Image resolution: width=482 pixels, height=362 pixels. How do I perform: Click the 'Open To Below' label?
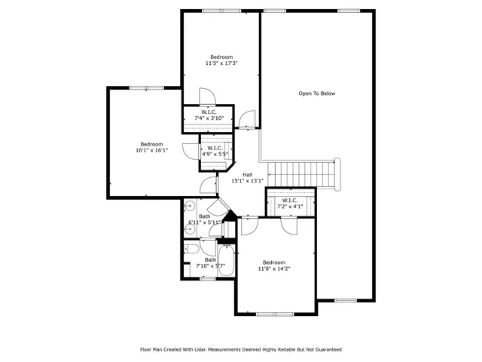316,94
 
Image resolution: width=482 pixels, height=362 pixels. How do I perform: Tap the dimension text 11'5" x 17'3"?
221,63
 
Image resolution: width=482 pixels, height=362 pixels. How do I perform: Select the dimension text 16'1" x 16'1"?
151,150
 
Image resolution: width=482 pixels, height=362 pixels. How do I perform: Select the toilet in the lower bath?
191,250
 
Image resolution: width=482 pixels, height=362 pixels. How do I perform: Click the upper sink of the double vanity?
190,205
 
